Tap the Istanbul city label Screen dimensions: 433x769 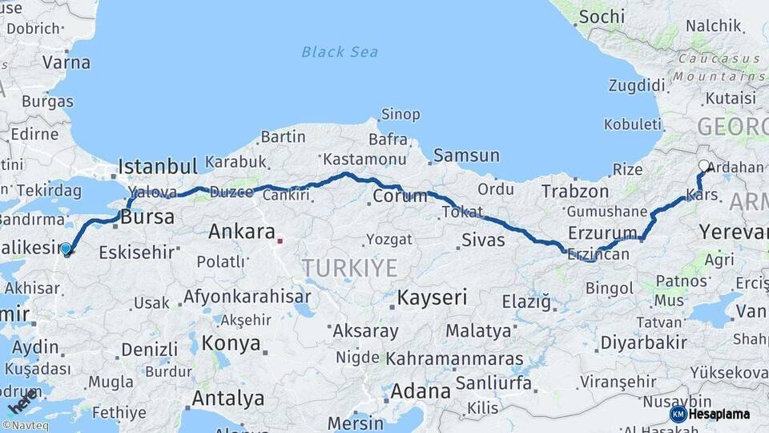pyautogui.click(x=157, y=167)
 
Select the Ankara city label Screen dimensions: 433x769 pyautogui.click(x=242, y=232)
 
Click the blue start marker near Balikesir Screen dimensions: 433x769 pyautogui.click(x=66, y=249)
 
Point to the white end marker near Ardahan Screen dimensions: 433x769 pyautogui.click(x=703, y=166)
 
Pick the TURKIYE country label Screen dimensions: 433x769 pyautogui.click(x=349, y=268)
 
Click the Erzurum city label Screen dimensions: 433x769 pyautogui.click(x=602, y=233)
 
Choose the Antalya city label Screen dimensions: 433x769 pyautogui.click(x=228, y=398)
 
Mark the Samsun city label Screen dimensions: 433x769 pyautogui.click(x=466, y=156)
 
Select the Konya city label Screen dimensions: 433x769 pyautogui.click(x=231, y=343)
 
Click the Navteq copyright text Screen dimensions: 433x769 pyautogui.click(x=25, y=426)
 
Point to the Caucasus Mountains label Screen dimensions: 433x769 pyautogui.click(x=718, y=67)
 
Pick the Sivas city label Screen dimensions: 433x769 pyautogui.click(x=483, y=240)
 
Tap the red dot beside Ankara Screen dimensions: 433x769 pyautogui.click(x=280, y=239)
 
